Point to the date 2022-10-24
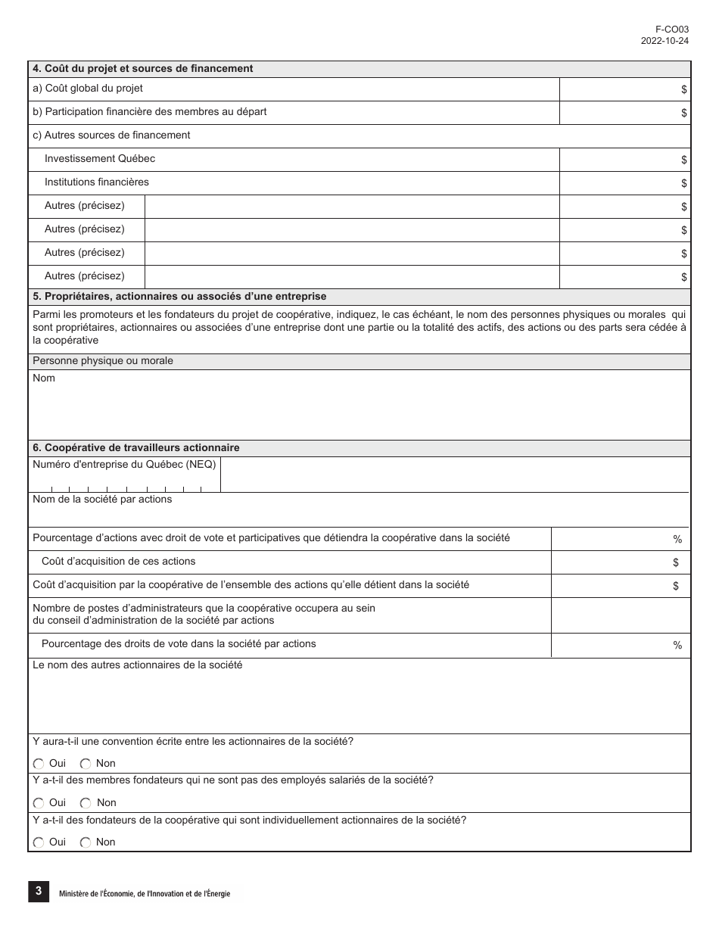[665, 41]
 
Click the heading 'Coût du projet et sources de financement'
[142, 68]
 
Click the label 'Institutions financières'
[97, 182]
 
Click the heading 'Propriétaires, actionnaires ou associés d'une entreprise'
[179, 296]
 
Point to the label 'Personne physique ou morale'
[103, 360]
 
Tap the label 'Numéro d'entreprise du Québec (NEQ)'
[124, 464]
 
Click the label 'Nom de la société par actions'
[102, 499]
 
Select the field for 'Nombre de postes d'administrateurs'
[621, 615]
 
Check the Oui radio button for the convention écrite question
[39, 764]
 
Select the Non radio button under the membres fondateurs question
[86, 803]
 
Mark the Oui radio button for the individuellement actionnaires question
[39, 842]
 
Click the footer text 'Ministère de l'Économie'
[145, 894]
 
